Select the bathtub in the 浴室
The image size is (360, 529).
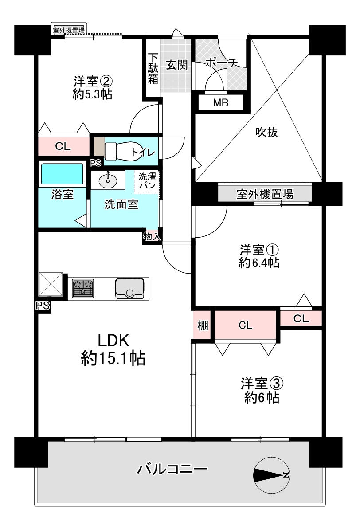tap(62, 173)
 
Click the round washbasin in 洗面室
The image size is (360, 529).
tap(106, 180)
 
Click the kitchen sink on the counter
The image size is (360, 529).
tap(129, 288)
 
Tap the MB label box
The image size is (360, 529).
tap(220, 103)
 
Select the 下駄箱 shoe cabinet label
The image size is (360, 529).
tap(153, 68)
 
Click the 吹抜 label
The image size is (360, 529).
tap(267, 132)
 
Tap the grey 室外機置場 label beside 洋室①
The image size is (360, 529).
tap(265, 194)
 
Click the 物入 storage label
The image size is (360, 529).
tap(152, 236)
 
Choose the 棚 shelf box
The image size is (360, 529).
tap(203, 325)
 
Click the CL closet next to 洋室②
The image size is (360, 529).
tap(63, 147)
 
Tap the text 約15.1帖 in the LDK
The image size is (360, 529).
tap(113, 357)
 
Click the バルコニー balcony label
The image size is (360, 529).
tap(172, 469)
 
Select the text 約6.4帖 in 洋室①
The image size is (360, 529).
tap(258, 263)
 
